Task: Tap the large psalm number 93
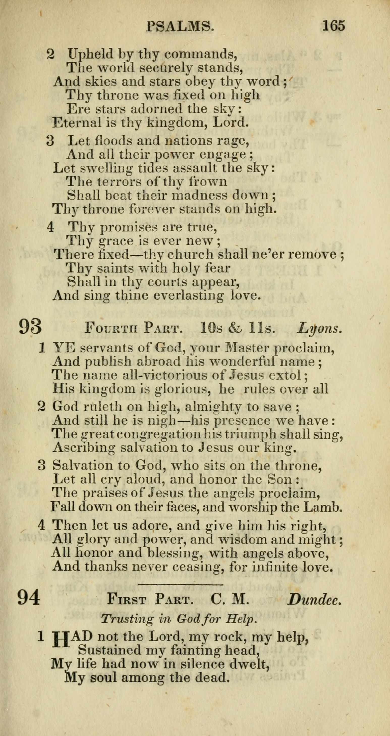pos(30,327)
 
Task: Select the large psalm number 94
pos(29,597)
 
